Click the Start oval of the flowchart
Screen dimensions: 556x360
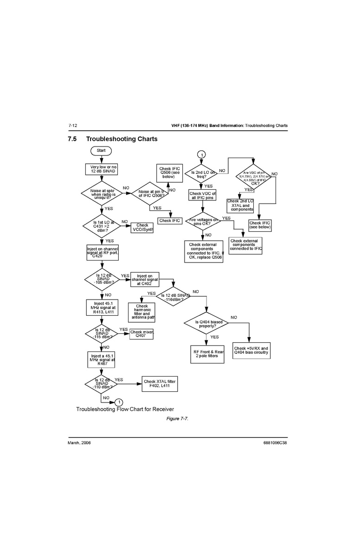click(101, 150)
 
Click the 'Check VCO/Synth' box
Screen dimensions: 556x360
click(142, 228)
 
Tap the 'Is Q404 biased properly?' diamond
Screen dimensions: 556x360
click(207, 323)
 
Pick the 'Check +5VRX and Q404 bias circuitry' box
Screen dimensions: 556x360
click(251, 351)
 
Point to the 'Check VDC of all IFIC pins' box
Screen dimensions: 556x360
click(203, 196)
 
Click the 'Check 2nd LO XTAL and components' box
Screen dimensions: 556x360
click(240, 205)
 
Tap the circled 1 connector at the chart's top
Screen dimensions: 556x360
click(201, 154)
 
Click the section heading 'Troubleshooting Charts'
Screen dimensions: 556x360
click(122, 139)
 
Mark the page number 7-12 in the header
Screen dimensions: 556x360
click(72, 126)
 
